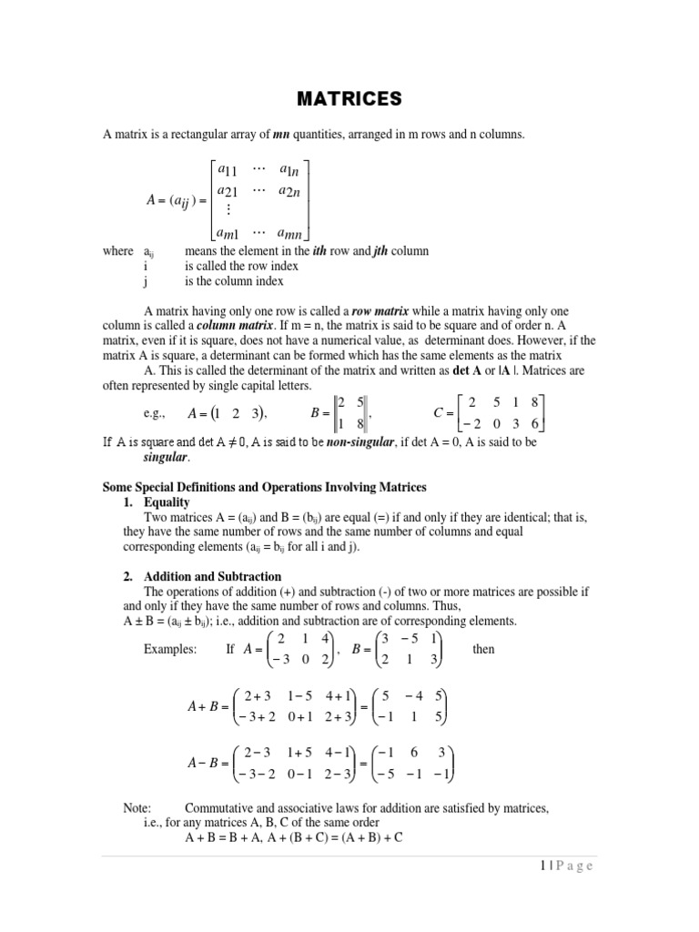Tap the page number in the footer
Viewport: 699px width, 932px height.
[562, 866]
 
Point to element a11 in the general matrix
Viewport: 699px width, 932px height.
[223, 171]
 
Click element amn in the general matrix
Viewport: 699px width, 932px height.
[291, 235]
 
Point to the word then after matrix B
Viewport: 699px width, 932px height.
[484, 650]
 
